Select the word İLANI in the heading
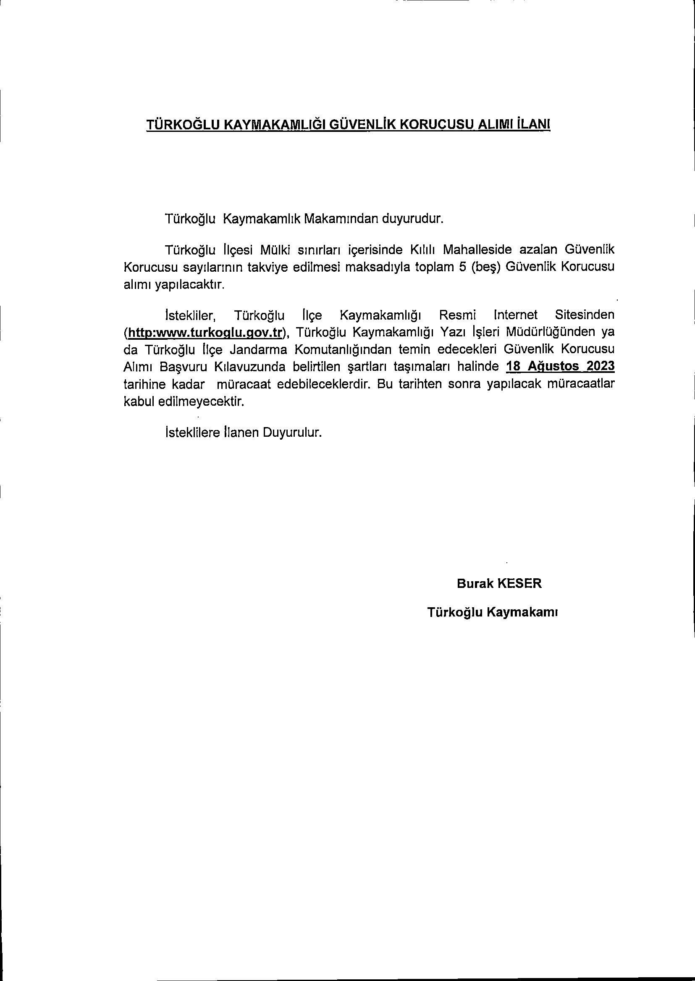point(533,124)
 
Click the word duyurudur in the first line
point(412,219)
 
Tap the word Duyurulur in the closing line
point(292,432)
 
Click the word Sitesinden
point(584,315)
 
